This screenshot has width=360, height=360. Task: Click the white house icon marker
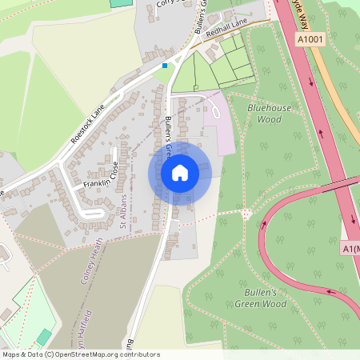[x=180, y=172]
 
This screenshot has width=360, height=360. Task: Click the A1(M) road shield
[x=351, y=249]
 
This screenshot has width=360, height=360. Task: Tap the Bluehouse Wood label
[x=270, y=113]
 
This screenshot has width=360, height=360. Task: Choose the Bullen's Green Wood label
[x=260, y=298]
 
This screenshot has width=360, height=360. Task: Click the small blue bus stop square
[x=165, y=66]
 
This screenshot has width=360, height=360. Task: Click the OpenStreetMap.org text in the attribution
[x=83, y=354]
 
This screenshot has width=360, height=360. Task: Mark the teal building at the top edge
[x=120, y=3]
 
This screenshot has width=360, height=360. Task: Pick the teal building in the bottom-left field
[x=44, y=337]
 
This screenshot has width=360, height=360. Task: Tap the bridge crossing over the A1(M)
[x=340, y=186]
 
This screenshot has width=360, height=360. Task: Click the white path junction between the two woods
[x=246, y=214]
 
